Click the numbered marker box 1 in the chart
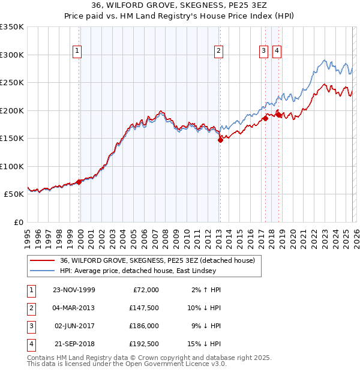tap(78, 52)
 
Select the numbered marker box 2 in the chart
tap(220, 52)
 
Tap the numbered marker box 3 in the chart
tap(264, 52)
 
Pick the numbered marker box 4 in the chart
tap(277, 52)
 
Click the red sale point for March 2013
tap(220, 140)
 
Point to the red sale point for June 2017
tap(265, 118)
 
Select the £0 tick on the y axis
tap(17, 222)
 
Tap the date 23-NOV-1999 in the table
tap(73, 290)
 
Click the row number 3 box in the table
tap(31, 326)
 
